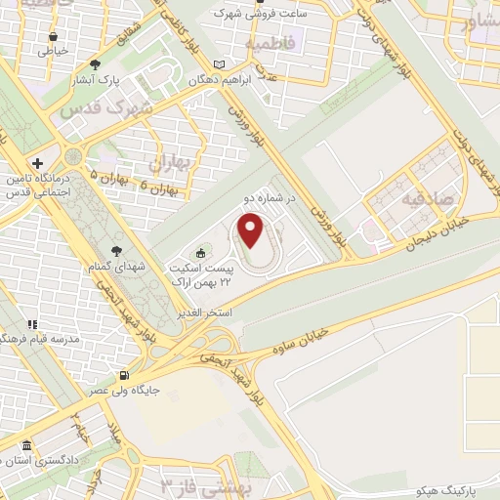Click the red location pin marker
click(252, 231)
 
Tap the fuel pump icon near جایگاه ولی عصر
click(122, 376)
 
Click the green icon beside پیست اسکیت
click(203, 250)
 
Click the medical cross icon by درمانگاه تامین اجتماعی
click(36, 163)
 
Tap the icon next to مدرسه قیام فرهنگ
click(32, 324)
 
